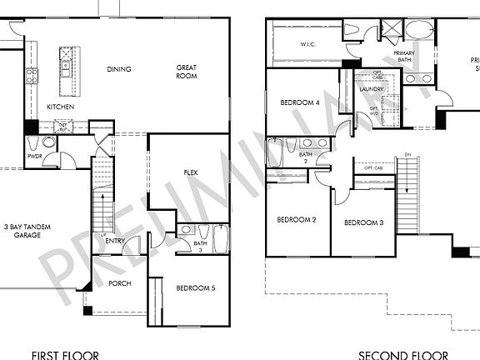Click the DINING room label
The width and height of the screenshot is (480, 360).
(119, 69)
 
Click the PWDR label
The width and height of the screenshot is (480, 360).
(34, 156)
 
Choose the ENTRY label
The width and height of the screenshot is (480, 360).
(116, 242)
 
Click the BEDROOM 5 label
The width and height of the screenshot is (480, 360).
(196, 288)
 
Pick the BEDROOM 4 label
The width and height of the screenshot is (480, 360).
(300, 102)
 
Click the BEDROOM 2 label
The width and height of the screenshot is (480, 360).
(297, 221)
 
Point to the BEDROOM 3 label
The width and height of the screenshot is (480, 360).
(363, 222)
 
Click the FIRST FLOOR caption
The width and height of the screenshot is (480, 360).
(65, 355)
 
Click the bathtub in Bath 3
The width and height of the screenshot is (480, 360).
(222, 239)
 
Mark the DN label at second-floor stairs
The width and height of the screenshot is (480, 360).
(407, 154)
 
